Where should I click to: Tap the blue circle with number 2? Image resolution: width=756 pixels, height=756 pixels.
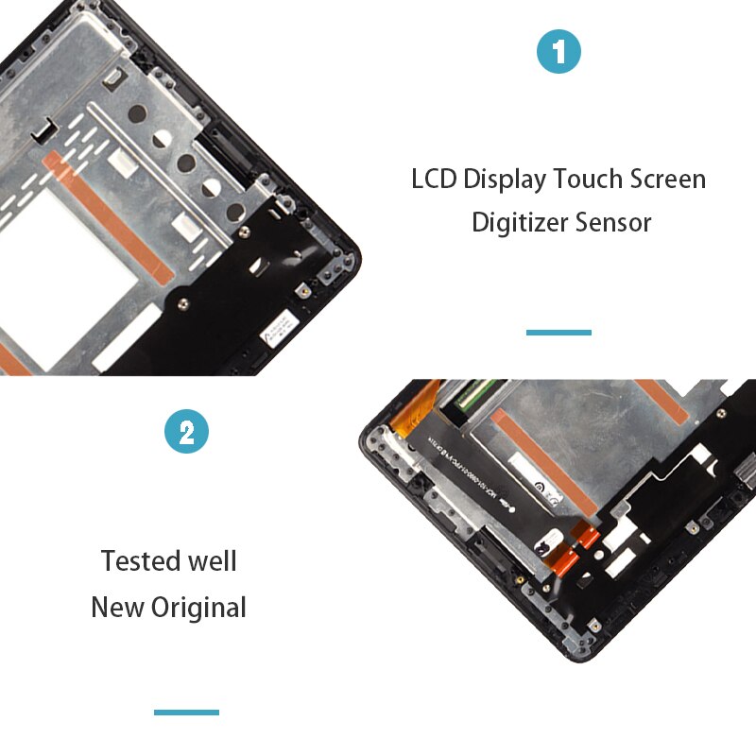[186, 433]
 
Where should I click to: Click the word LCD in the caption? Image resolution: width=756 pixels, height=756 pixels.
[434, 179]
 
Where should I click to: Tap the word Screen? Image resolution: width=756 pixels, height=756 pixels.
[670, 179]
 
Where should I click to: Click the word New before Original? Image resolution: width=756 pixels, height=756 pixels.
[117, 607]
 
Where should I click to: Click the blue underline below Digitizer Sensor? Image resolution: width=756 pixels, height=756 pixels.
[558, 333]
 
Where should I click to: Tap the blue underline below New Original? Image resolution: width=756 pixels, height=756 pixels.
[186, 712]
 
